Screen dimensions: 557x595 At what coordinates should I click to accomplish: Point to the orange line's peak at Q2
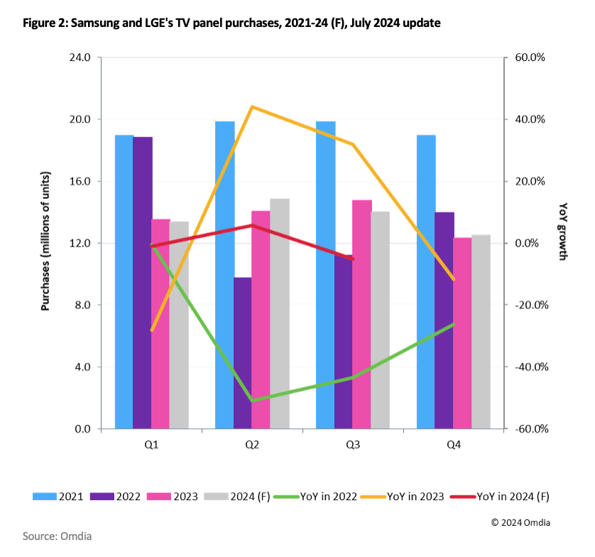252,107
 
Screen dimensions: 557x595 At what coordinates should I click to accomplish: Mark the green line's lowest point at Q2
252,401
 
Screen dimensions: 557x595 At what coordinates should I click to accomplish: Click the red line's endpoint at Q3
353,259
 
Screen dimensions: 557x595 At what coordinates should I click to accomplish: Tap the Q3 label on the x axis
353,445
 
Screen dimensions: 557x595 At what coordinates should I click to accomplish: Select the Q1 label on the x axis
151,445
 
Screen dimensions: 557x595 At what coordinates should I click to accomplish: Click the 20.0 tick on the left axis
81,119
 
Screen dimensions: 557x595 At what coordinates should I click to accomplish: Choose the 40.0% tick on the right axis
529,119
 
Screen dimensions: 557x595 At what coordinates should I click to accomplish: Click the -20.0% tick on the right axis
528,305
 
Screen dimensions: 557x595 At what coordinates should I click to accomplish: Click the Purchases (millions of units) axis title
46,242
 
